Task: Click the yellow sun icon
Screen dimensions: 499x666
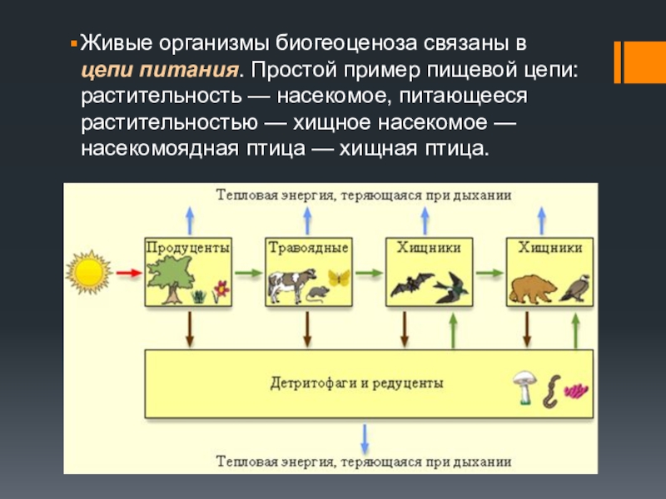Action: pos(89,272)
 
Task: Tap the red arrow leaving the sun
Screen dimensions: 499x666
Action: pos(128,272)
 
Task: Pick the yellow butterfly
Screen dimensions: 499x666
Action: pos(337,278)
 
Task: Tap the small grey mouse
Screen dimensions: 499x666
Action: pos(318,294)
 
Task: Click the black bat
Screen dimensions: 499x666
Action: pos(412,285)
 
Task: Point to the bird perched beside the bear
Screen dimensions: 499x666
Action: pos(575,287)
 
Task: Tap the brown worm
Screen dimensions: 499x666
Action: pos(550,391)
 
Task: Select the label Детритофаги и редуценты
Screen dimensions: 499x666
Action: pos(356,383)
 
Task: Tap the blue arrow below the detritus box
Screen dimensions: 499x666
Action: pos(364,437)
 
